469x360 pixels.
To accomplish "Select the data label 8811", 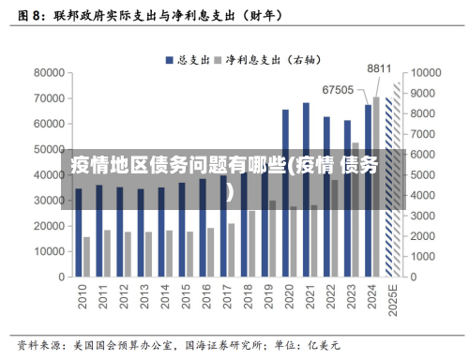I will pyautogui.click(x=379, y=68).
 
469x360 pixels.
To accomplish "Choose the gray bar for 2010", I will pyautogui.click(x=87, y=257).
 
